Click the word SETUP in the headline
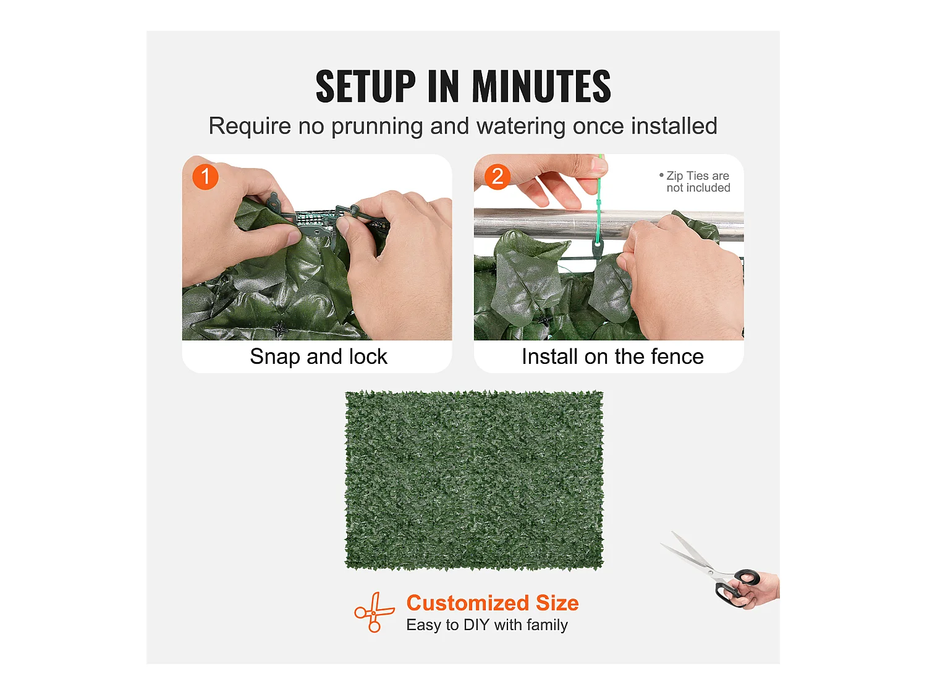(366, 86)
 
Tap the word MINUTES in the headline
(541, 86)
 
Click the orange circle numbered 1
(205, 177)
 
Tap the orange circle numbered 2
(497, 177)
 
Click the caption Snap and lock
(318, 356)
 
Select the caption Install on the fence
(613, 356)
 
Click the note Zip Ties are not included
(695, 182)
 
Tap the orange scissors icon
(374, 612)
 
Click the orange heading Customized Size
(493, 603)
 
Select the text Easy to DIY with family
(487, 625)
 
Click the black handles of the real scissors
(736, 588)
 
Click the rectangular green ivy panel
(474, 481)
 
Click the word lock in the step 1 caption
(368, 356)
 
